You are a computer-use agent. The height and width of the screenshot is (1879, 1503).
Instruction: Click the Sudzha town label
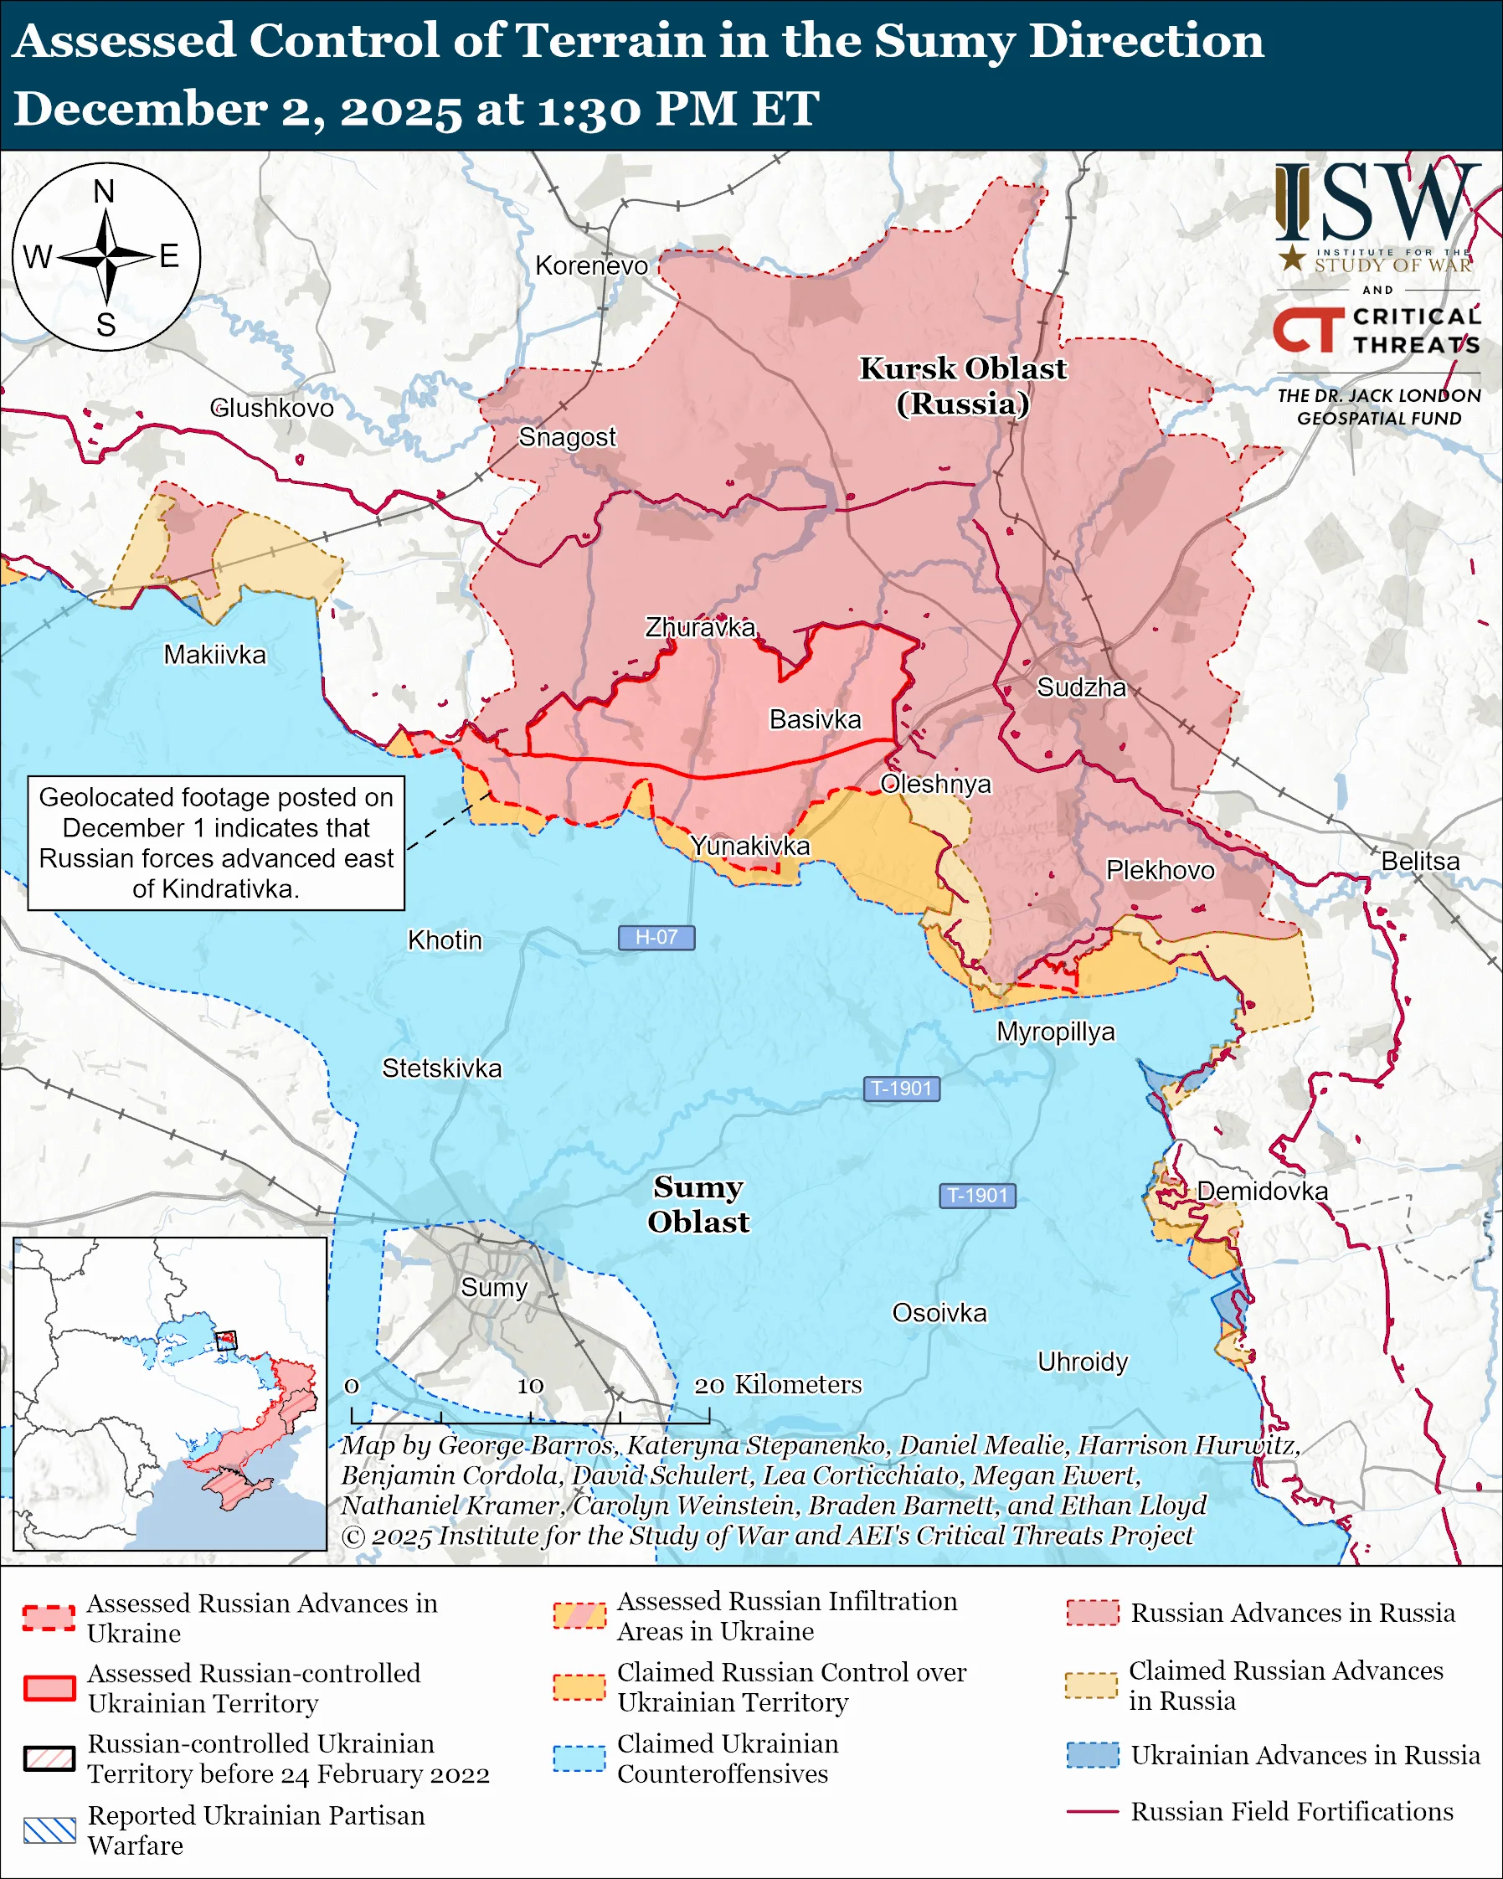(1080, 687)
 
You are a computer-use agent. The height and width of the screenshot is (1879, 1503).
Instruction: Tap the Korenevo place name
(592, 265)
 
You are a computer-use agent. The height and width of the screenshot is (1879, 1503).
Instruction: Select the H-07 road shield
(656, 937)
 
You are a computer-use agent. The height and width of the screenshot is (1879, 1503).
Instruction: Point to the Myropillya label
(1055, 1032)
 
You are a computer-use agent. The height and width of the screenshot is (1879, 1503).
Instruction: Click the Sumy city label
(494, 1287)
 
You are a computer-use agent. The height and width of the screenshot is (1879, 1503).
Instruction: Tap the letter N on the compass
(105, 192)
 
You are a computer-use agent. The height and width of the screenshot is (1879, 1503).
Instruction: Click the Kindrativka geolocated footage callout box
(216, 842)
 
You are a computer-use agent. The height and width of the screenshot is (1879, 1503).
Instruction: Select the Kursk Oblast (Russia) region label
(963, 386)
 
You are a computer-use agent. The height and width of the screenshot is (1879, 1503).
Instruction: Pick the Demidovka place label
(1262, 1192)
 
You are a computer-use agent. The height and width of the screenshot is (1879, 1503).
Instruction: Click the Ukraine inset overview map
(170, 1393)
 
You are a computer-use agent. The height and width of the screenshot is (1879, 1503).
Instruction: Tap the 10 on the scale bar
(530, 1387)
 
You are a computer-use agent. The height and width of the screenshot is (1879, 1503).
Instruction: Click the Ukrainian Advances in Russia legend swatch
(1093, 1755)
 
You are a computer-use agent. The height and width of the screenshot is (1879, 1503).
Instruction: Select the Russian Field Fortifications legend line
(1093, 1812)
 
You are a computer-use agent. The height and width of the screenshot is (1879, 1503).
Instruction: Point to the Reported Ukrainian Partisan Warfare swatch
(49, 1831)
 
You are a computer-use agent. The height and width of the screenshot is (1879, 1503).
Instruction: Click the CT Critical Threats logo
(1377, 332)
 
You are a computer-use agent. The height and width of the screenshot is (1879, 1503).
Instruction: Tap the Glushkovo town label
(272, 408)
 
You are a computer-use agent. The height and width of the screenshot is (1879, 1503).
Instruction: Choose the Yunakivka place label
(750, 847)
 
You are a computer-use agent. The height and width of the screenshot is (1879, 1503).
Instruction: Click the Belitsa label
(1420, 861)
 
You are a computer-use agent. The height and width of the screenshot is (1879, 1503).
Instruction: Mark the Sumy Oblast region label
(698, 1204)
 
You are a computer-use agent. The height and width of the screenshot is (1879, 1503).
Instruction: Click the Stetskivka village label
(442, 1068)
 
